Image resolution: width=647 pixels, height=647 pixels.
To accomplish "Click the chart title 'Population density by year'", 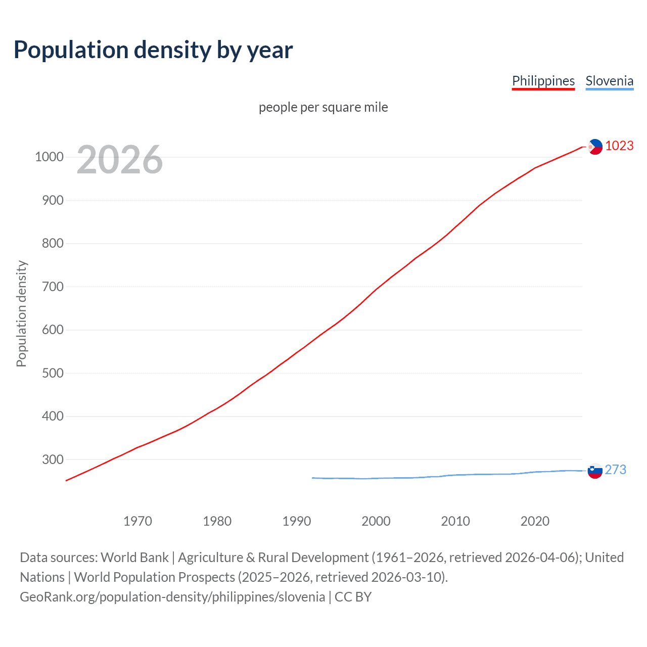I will tap(153, 50).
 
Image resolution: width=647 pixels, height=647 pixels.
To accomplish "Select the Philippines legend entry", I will tap(543, 81).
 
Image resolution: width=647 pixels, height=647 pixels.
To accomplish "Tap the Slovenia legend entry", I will tap(609, 81).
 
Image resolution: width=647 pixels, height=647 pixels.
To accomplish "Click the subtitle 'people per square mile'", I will tap(323, 107).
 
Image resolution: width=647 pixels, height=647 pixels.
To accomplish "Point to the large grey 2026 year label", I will tap(120, 160).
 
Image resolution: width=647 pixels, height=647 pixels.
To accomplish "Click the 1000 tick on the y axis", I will tap(49, 157).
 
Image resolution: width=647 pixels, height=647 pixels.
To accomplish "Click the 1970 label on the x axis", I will tap(137, 521).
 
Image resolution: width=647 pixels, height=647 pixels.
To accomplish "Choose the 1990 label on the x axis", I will tap(297, 521).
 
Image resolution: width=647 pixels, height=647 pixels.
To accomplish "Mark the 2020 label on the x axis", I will tap(535, 521).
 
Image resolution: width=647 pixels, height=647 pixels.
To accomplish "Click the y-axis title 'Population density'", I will tap(21, 313).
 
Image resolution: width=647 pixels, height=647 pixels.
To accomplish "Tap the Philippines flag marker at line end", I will tap(595, 147).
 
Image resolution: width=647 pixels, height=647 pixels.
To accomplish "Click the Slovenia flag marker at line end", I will tap(595, 471).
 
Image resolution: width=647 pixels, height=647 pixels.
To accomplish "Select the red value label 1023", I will tap(619, 146).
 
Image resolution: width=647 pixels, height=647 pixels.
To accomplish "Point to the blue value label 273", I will tap(615, 470).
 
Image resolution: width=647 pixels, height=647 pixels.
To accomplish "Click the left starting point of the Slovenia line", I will tap(313, 478).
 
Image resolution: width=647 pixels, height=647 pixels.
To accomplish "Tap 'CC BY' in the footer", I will tap(353, 597).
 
